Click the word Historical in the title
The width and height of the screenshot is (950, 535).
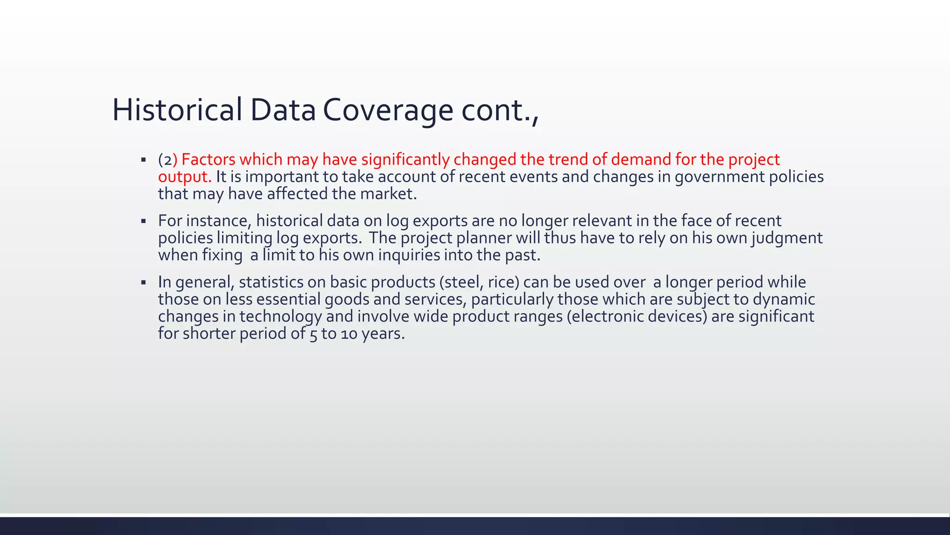click(177, 110)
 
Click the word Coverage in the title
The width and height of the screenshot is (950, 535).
click(388, 110)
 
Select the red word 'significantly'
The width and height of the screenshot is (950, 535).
click(405, 159)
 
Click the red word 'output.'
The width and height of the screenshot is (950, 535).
click(185, 176)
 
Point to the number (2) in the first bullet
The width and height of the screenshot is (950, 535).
click(166, 160)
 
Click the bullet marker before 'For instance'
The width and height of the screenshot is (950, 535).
click(143, 221)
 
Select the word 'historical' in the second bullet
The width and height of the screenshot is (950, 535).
click(289, 221)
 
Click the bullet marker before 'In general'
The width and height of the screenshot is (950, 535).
click(143, 282)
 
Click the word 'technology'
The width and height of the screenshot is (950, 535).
click(280, 316)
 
